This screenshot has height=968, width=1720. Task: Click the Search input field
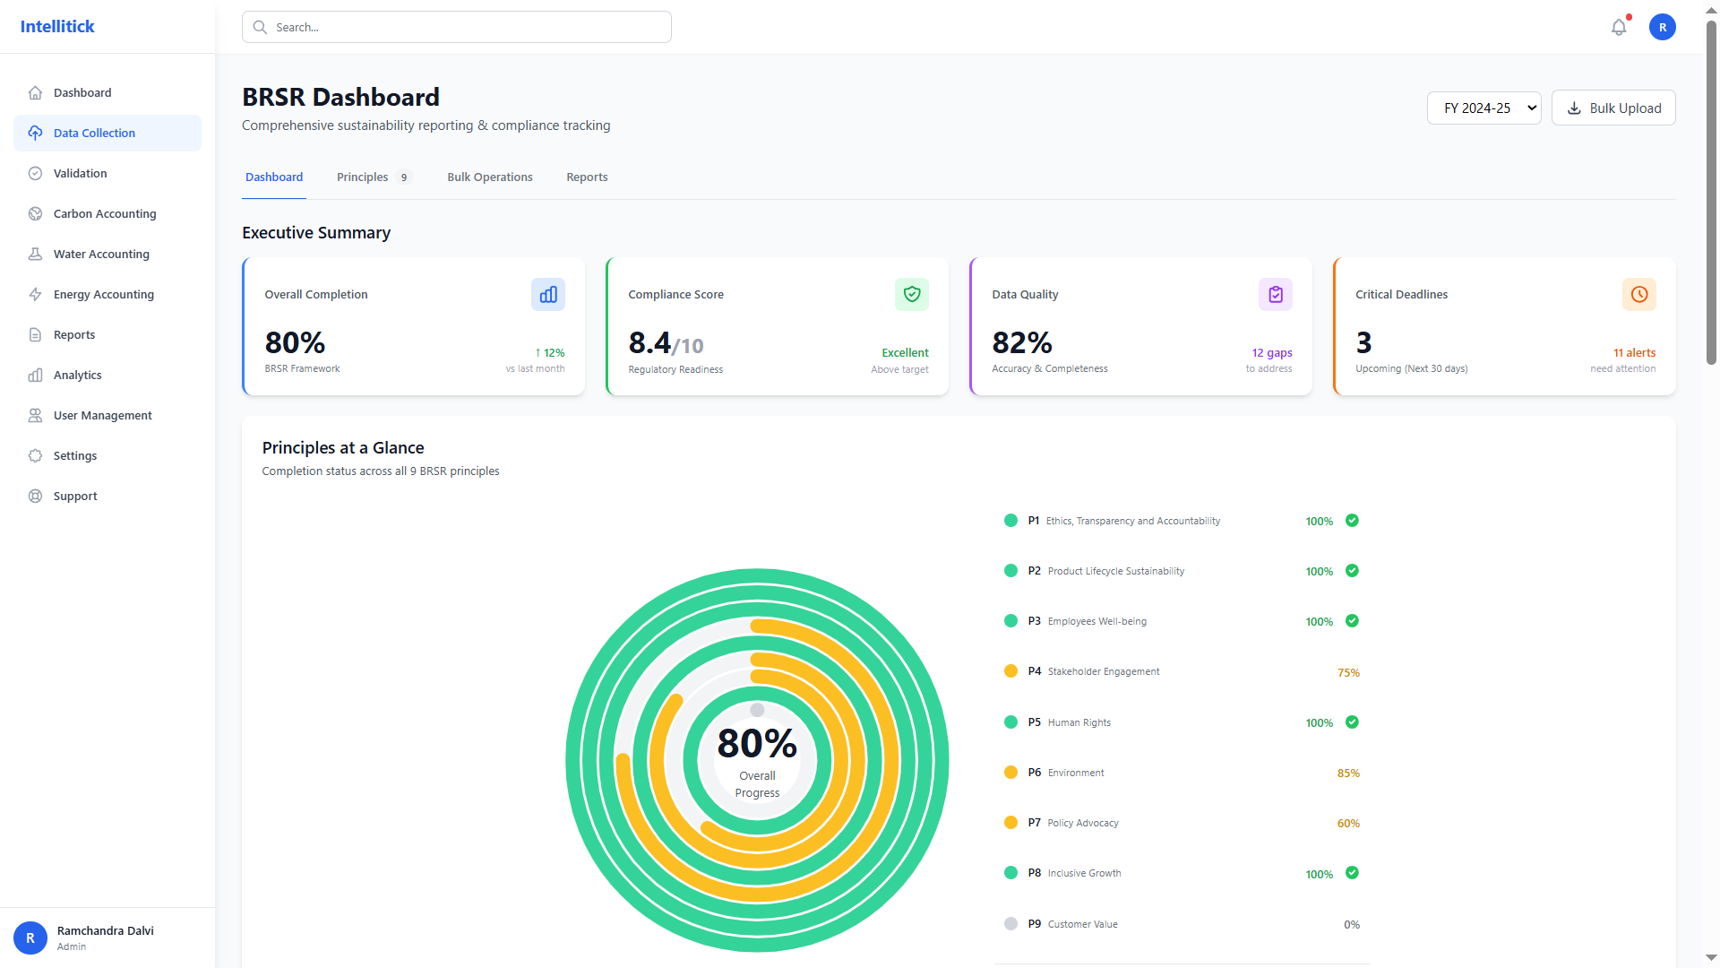(457, 27)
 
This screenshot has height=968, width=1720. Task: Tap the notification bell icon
(1619, 28)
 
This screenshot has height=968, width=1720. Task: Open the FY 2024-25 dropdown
(1483, 108)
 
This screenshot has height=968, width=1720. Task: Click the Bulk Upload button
(1613, 108)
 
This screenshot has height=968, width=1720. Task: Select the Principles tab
(363, 177)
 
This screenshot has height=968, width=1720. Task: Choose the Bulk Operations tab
(490, 177)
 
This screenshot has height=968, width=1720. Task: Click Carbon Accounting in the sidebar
(105, 213)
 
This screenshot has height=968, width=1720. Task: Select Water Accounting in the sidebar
(101, 254)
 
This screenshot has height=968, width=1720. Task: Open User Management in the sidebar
(103, 415)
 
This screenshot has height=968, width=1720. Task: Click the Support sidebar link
(75, 496)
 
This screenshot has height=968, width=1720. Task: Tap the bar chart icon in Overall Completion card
(548, 295)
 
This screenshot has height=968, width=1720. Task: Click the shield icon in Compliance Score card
(912, 295)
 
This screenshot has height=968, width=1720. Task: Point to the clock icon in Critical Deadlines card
(1639, 295)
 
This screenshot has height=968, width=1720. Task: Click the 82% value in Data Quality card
(1022, 342)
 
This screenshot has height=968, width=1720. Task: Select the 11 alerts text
(1634, 353)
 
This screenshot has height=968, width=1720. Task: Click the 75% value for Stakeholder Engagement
(1348, 672)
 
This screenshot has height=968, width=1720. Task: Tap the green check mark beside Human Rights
(1353, 722)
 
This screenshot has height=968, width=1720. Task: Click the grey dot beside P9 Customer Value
(1010, 924)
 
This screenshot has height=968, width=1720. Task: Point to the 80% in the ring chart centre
(757, 743)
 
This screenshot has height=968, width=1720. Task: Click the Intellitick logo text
(57, 27)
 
